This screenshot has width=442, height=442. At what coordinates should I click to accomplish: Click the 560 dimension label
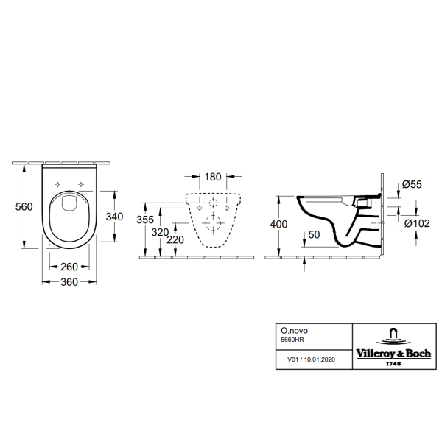pos(24,207)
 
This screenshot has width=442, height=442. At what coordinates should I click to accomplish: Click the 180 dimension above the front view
pos(212,178)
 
